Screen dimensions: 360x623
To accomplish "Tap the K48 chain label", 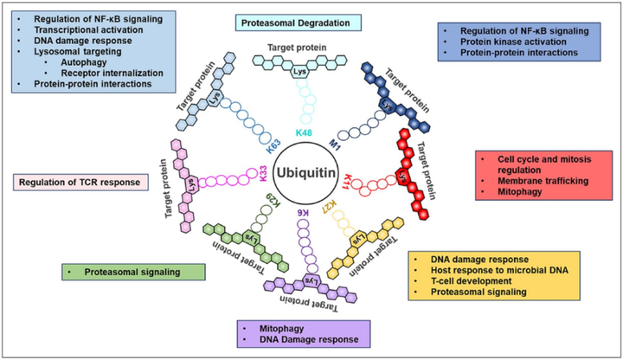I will (x=304, y=132).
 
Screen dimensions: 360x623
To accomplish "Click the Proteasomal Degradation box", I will (x=299, y=22).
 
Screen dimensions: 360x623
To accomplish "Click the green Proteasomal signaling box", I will (x=133, y=273).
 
